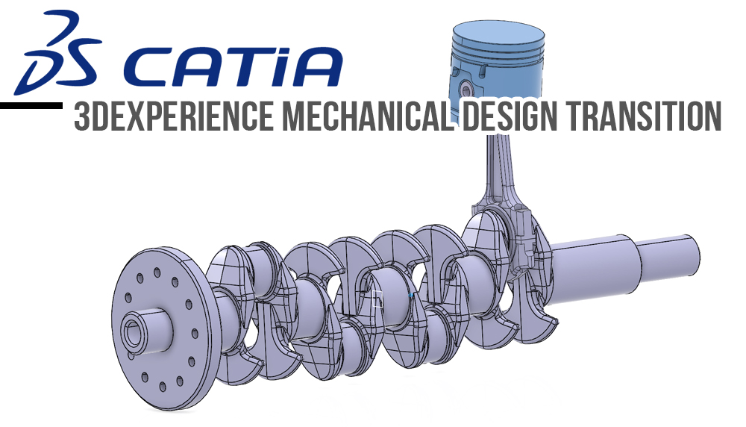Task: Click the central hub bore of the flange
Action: click(134, 334)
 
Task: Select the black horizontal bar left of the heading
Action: click(30, 106)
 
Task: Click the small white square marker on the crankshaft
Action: click(377, 300)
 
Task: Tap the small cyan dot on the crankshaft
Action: click(411, 296)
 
